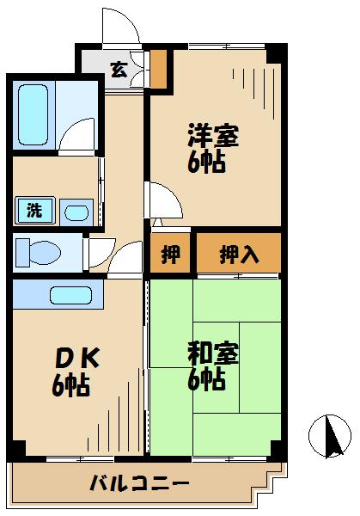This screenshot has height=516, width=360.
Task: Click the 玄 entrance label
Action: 119,70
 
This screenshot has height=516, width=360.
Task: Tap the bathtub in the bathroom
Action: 33,116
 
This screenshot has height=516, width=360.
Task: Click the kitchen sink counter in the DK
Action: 76,294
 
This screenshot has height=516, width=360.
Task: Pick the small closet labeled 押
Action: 171,254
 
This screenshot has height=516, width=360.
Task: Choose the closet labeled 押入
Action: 238,254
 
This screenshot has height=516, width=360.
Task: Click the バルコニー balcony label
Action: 139,484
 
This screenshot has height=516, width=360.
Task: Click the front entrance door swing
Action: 119,26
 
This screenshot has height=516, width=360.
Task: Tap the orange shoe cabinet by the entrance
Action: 158,70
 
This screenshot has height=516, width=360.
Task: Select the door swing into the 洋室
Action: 162,201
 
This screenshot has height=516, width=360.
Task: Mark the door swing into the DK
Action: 125,259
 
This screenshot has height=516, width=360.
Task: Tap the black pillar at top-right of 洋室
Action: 274,53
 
